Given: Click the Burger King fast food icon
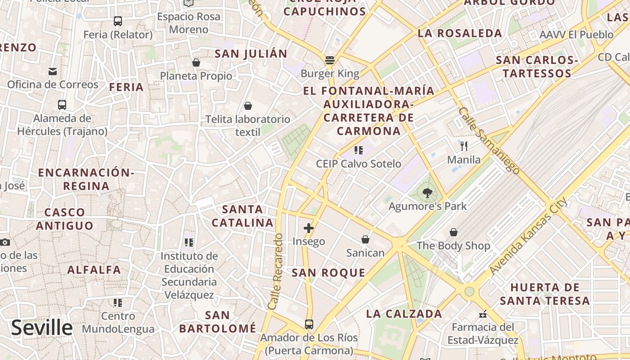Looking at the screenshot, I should pyautogui.click(x=330, y=60).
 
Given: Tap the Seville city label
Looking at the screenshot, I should pyautogui.click(x=41, y=328).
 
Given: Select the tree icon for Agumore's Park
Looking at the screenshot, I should pyautogui.click(x=427, y=193).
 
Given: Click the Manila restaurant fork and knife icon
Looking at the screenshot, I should pyautogui.click(x=464, y=146).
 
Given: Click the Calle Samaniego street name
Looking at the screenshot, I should pyautogui.click(x=489, y=140).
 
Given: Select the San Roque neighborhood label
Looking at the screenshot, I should pyautogui.click(x=328, y=273).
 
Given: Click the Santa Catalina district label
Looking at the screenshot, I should pyautogui.click(x=243, y=216).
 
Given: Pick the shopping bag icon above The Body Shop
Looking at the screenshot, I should pyautogui.click(x=454, y=232).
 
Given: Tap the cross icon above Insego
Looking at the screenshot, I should pyautogui.click(x=309, y=228).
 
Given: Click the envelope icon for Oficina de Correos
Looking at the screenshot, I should pyautogui.click(x=53, y=71).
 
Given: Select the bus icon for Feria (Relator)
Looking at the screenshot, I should pyautogui.click(x=118, y=21).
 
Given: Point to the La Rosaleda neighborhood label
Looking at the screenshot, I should pyautogui.click(x=459, y=33).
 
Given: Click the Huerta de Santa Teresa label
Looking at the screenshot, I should pyautogui.click(x=544, y=294).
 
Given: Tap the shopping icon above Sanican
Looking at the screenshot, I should pyautogui.click(x=365, y=239).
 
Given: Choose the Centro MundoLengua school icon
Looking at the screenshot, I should pyautogui.click(x=118, y=302).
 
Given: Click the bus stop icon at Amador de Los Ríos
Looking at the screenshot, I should pyautogui.click(x=309, y=324).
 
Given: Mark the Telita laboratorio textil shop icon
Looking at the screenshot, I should pyautogui.click(x=247, y=106).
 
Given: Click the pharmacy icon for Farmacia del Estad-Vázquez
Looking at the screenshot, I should pyautogui.click(x=483, y=314).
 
